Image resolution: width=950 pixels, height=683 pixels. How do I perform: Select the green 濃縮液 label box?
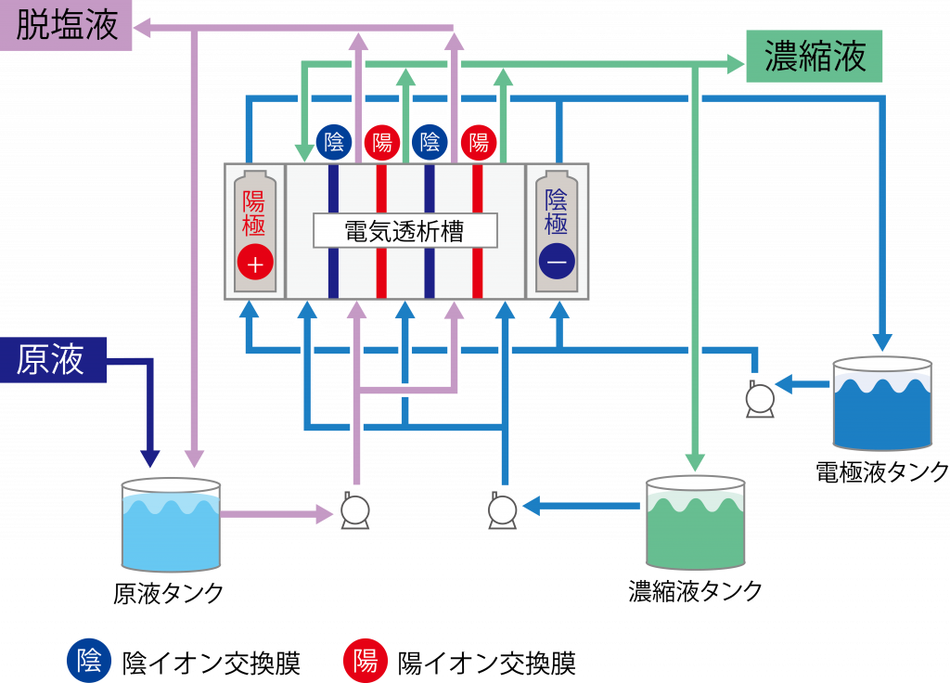point(815,57)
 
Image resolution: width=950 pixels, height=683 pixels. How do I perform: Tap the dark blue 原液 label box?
point(53,360)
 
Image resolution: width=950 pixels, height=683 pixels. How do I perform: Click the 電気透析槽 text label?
point(404,231)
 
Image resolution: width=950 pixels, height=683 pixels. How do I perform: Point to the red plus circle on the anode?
point(255,264)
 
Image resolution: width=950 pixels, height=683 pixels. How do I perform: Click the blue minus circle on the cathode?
point(557,263)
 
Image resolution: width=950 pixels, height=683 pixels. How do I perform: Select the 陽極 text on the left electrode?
point(254,213)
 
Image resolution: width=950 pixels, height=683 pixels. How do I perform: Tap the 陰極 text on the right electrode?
point(557,212)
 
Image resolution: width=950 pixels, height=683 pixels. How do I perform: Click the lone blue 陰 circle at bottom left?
point(89,661)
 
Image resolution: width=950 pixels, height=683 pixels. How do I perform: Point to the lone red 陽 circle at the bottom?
point(366,661)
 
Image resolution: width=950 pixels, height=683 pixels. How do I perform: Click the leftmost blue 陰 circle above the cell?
point(334,142)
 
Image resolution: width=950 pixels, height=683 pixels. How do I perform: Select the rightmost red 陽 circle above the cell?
point(479,142)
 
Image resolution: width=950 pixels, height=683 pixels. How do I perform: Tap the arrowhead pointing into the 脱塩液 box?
point(143,29)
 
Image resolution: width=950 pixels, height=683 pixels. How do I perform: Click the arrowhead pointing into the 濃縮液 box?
point(736,64)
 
